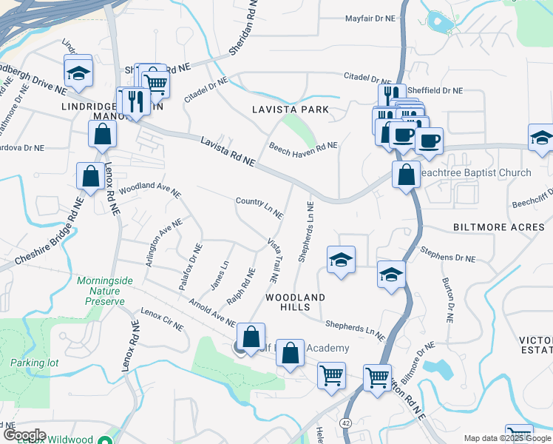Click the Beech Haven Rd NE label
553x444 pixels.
pyautogui.click(x=303, y=146)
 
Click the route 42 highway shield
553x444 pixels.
pyautogui.click(x=346, y=422)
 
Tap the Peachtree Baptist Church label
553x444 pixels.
pyautogui.click(x=475, y=172)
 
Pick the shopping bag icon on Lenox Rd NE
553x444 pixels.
pyautogui.click(x=90, y=176)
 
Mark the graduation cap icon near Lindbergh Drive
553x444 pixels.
pyautogui.click(x=78, y=73)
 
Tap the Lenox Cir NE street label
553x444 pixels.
pyautogui.click(x=162, y=319)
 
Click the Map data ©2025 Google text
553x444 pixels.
pyautogui.click(x=507, y=438)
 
